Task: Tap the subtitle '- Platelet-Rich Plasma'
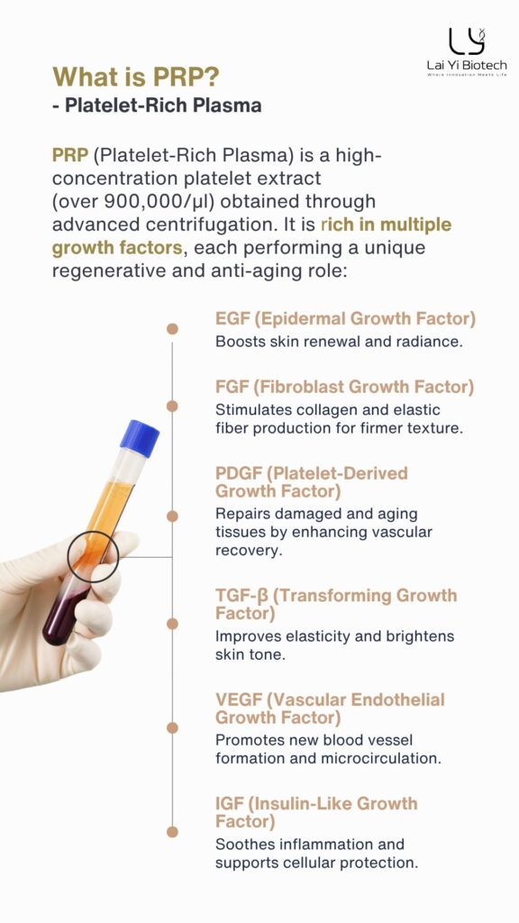[x=157, y=105]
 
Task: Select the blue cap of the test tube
[x=140, y=437]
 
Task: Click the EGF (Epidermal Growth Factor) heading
[x=345, y=319]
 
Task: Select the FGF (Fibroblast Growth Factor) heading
[x=344, y=387]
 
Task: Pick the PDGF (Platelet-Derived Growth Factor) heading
[x=311, y=482]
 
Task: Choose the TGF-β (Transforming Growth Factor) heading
[x=336, y=604]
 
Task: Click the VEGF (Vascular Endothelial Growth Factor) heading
[x=330, y=708]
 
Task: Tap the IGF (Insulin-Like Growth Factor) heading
[x=316, y=812]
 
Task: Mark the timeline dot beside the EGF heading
[x=172, y=329]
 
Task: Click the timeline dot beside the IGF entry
[x=172, y=832]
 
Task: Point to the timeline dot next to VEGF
[x=172, y=727]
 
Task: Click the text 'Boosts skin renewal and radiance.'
[x=339, y=342]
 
